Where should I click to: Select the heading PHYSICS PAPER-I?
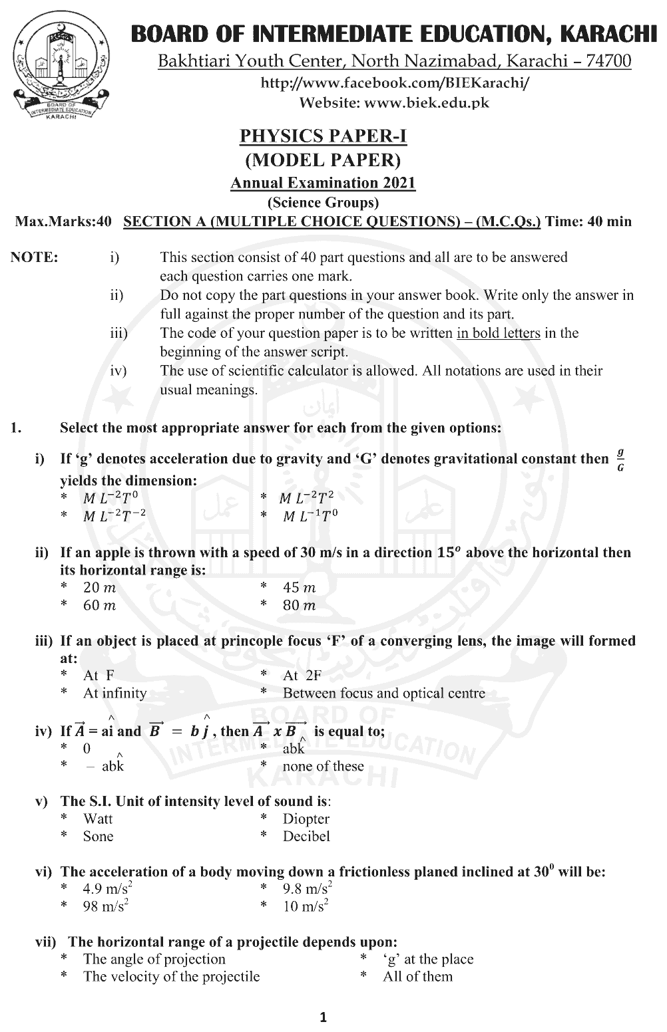point(323,136)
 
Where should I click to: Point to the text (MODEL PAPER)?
point(323,160)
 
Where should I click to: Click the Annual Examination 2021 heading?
point(323,183)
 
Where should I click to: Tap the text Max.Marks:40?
point(63,221)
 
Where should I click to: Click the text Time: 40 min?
point(588,221)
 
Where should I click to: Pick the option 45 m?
point(299,588)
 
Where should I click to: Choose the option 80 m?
point(299,605)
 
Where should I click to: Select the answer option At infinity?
point(114,693)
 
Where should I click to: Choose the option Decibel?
point(306,837)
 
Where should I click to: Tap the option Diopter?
point(306,819)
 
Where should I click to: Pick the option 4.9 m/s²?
point(106,888)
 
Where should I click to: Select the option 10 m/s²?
point(306,906)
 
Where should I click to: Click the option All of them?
point(417,976)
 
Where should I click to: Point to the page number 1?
point(324,1017)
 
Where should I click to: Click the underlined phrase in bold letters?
point(498,333)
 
